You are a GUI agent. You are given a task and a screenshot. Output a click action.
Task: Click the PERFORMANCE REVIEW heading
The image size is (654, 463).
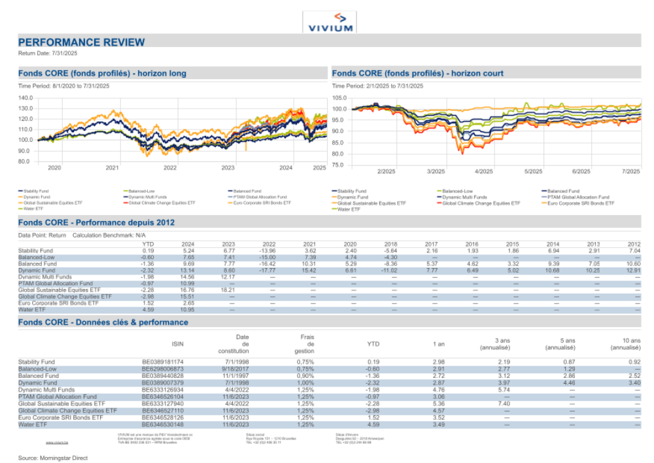(x=82, y=43)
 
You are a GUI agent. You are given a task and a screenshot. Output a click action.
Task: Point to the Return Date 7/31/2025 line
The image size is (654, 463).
(x=48, y=52)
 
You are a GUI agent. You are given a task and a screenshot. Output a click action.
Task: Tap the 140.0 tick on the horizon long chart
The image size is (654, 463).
(x=26, y=97)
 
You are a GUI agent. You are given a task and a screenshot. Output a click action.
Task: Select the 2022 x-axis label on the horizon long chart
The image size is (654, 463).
(x=170, y=168)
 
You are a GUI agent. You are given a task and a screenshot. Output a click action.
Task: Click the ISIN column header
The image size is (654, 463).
(x=177, y=343)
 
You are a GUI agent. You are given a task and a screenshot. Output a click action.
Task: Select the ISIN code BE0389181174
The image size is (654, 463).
(x=163, y=362)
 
